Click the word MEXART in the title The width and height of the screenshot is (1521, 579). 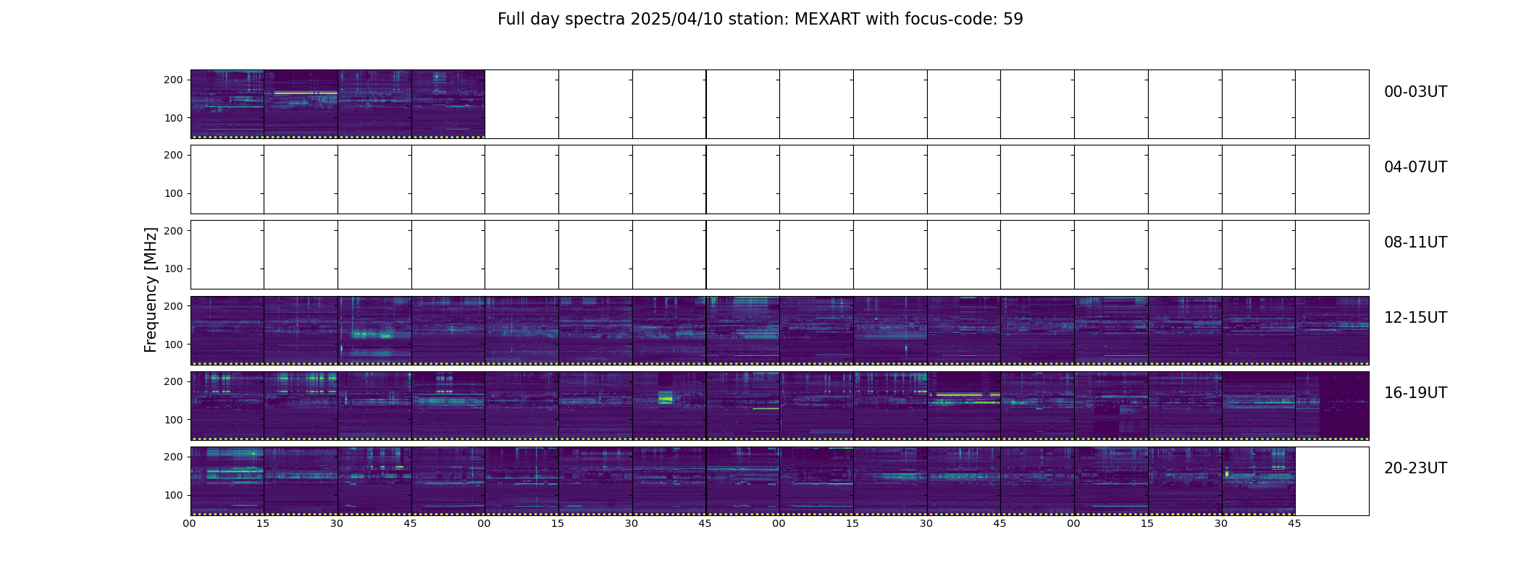click(x=823, y=20)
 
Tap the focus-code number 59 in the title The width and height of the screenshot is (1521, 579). click(x=1013, y=20)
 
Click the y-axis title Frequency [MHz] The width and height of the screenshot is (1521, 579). click(x=151, y=289)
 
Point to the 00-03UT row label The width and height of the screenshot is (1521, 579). click(x=1415, y=92)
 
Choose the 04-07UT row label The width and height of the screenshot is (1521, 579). click(x=1415, y=167)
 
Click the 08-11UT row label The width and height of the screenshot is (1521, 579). click(x=1415, y=242)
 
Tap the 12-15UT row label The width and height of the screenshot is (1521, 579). click(x=1415, y=318)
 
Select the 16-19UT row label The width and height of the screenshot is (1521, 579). click(x=1415, y=393)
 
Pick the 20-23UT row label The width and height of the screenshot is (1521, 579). click(x=1415, y=468)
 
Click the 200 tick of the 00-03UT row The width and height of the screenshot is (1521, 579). click(x=173, y=80)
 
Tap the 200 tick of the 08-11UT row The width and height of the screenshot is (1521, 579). click(x=173, y=230)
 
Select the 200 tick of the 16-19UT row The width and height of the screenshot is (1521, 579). click(x=173, y=381)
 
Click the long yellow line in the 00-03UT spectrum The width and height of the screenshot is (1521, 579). click(x=306, y=93)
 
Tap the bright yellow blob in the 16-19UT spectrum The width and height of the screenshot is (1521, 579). click(x=665, y=397)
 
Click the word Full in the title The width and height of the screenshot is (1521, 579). click(x=510, y=20)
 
